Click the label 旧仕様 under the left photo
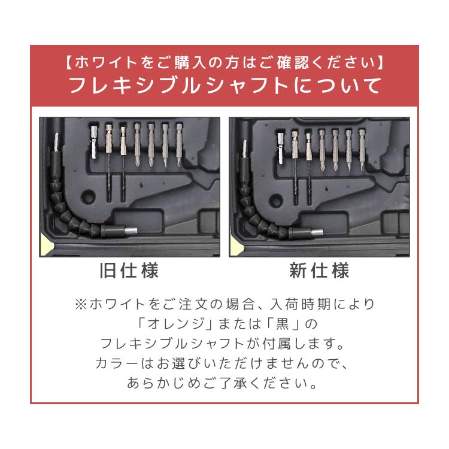click(x=129, y=271)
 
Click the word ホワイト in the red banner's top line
click(x=108, y=62)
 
